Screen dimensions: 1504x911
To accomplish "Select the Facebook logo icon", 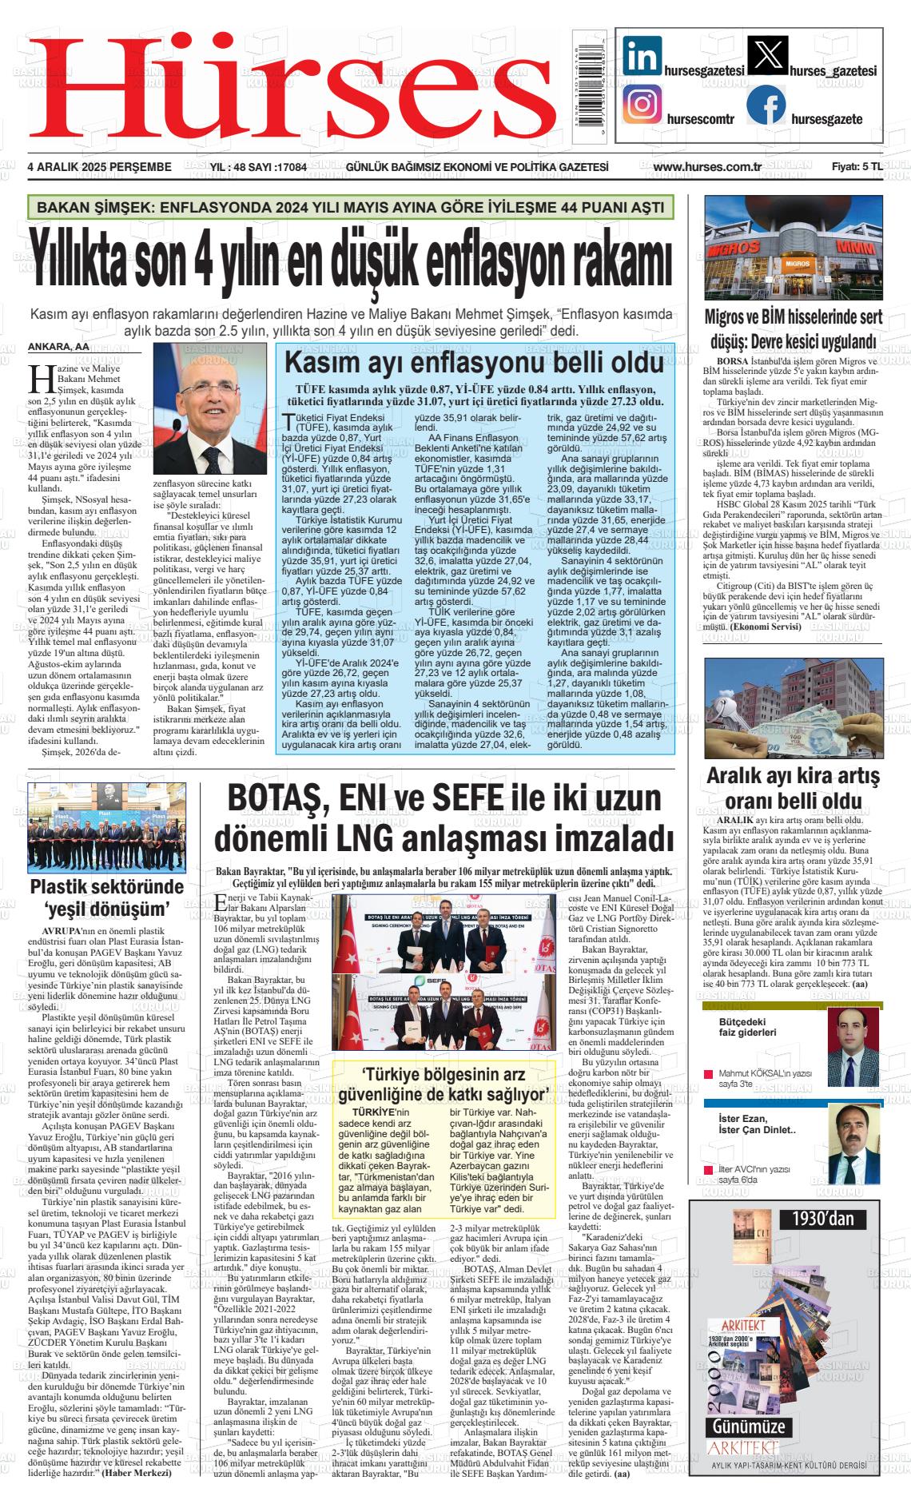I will click(x=766, y=105).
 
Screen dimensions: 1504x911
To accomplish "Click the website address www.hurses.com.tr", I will click(x=706, y=167).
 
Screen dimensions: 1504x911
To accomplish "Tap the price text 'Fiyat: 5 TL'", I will click(x=857, y=167).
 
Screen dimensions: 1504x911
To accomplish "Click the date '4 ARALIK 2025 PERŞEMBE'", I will click(x=100, y=167).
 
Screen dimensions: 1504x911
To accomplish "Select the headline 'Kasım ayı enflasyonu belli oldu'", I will click(x=475, y=364).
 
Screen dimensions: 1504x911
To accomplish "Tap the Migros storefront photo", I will click(x=794, y=247).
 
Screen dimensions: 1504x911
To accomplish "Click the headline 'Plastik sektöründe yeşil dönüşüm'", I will click(x=107, y=897).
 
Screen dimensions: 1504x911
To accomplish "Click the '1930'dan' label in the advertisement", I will click(x=823, y=1219).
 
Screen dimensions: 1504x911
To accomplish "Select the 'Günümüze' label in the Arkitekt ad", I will click(x=749, y=1427).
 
